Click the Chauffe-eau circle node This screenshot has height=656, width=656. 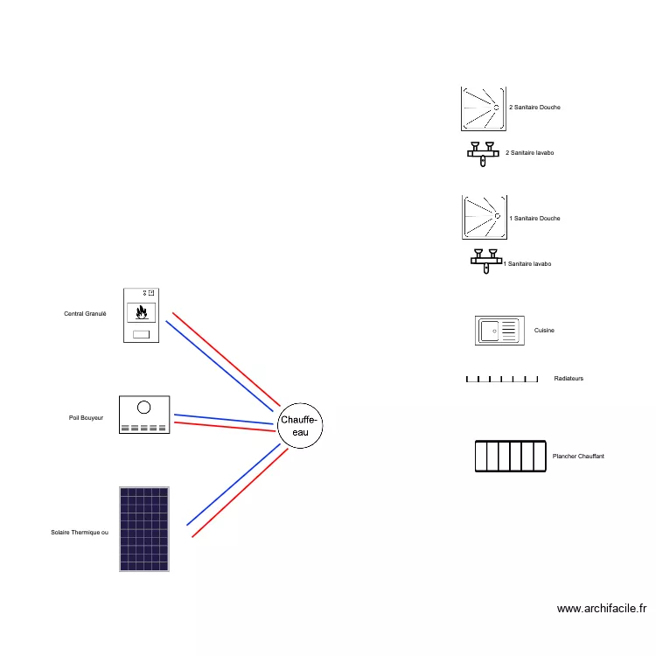(x=300, y=427)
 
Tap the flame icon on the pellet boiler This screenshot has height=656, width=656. (x=142, y=311)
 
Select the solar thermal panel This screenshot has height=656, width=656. (x=144, y=528)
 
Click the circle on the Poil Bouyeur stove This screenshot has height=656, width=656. (x=144, y=407)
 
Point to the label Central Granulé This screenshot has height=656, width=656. (x=85, y=313)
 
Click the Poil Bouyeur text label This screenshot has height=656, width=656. (x=86, y=418)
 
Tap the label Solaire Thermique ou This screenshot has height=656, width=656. (x=80, y=532)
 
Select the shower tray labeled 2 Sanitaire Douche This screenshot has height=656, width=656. (x=483, y=108)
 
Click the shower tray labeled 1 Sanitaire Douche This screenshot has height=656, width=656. (x=484, y=217)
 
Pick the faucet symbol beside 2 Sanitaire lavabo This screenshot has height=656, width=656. (x=481, y=153)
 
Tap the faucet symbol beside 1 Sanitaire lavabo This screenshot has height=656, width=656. (x=485, y=261)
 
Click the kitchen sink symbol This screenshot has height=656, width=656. (x=499, y=331)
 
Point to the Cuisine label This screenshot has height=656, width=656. (x=544, y=331)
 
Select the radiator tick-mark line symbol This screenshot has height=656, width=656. (x=501, y=380)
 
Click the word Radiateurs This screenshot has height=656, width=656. (x=569, y=379)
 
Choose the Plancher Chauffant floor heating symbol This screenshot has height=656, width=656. (x=511, y=457)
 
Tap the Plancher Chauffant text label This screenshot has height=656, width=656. (x=578, y=457)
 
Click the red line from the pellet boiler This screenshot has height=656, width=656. (x=223, y=359)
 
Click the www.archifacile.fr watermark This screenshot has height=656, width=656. (x=601, y=609)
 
